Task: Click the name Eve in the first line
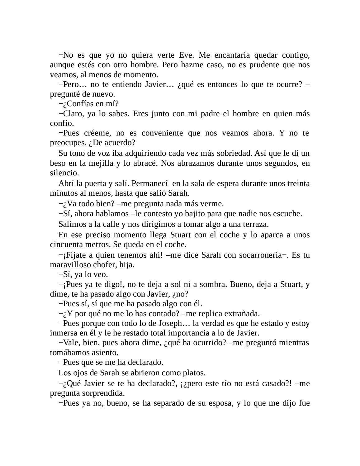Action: click(x=187, y=55)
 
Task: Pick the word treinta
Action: click(x=298, y=183)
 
